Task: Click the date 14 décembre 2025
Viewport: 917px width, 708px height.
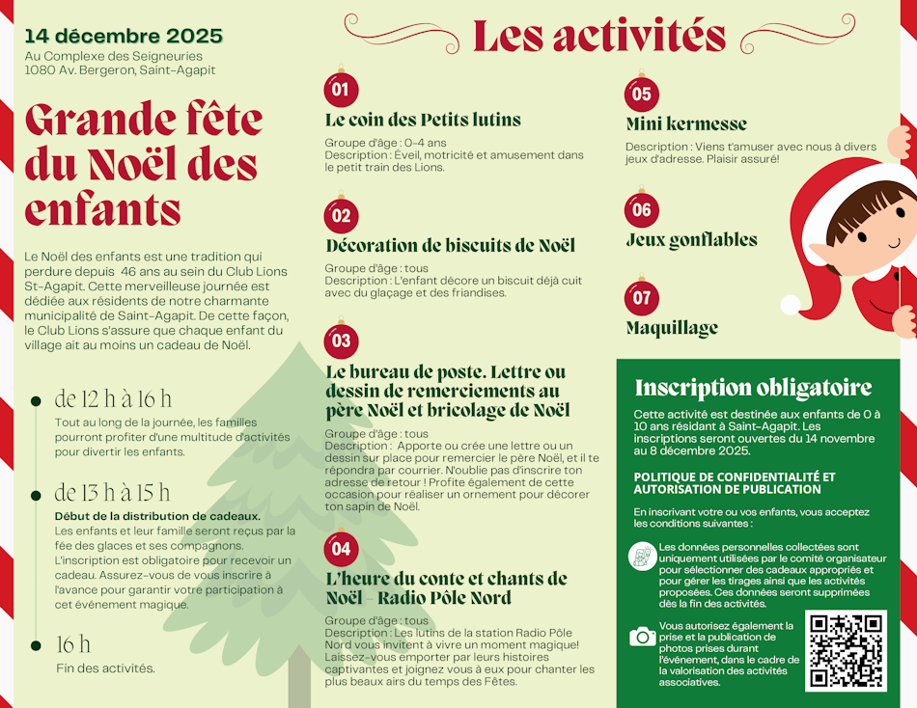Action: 124,37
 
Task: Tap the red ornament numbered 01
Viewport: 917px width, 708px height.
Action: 341,91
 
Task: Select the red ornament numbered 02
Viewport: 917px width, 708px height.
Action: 341,215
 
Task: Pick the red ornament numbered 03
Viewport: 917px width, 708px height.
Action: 341,340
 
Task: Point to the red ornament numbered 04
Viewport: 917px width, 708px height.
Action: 341,549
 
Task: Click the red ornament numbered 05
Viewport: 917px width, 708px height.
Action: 641,95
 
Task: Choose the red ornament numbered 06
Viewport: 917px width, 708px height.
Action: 641,209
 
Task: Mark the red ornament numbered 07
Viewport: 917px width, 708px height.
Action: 641,297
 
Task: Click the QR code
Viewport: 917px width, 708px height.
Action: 846,650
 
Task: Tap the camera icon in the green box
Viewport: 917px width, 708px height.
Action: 642,636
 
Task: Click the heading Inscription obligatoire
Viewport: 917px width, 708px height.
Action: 753,389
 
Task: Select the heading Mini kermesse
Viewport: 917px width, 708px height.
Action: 686,124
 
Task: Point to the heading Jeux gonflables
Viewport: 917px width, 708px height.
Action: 691,240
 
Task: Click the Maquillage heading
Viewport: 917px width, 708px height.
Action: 672,328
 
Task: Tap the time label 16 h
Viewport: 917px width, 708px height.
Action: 73,644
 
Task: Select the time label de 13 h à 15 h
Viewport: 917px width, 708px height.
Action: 112,493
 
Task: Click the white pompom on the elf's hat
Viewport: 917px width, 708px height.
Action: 791,305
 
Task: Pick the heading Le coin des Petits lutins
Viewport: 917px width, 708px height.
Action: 423,121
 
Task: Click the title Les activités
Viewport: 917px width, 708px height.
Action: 598,37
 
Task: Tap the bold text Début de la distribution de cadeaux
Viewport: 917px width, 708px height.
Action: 157,516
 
